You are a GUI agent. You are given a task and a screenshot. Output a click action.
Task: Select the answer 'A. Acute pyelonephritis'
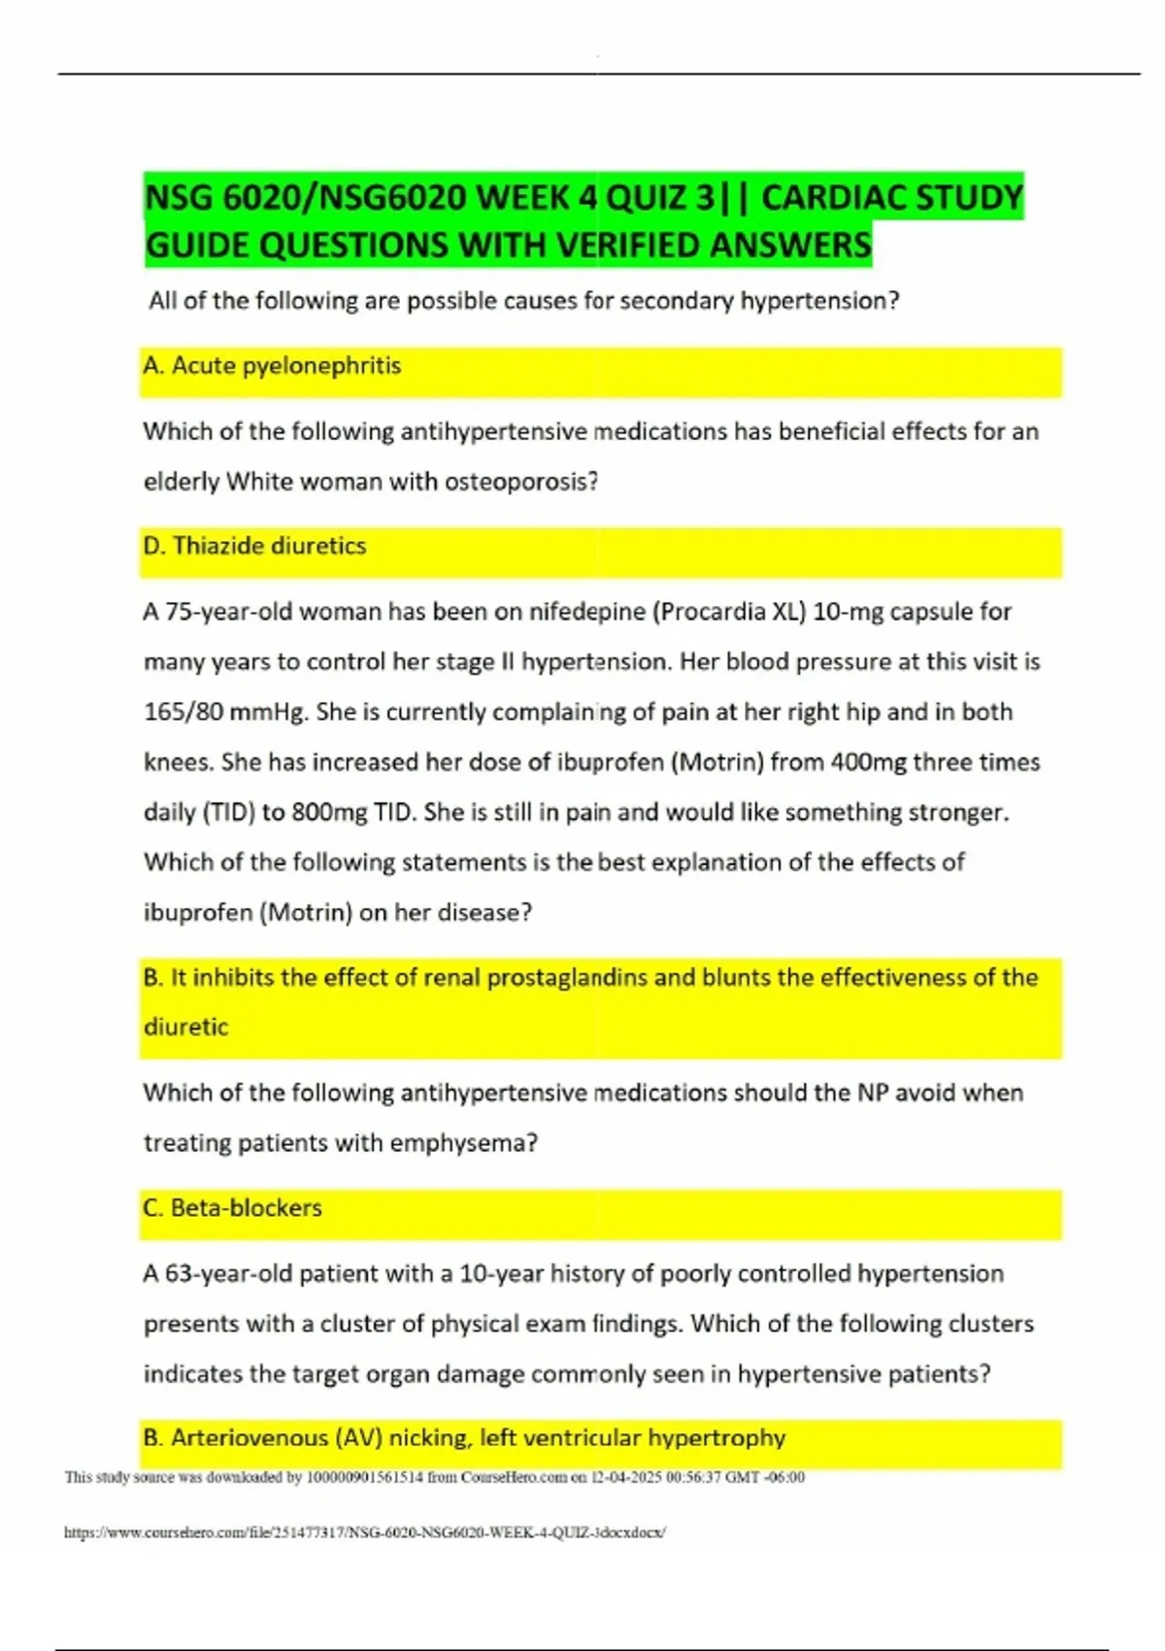click(272, 366)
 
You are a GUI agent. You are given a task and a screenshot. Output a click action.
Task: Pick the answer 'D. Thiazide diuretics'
click(254, 546)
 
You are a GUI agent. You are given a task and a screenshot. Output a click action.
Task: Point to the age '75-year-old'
click(230, 612)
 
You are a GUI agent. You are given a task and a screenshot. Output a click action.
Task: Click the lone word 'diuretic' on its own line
click(185, 1028)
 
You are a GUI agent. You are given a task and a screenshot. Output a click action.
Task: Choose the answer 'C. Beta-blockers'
click(232, 1208)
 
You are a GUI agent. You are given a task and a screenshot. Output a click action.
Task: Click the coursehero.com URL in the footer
click(364, 1533)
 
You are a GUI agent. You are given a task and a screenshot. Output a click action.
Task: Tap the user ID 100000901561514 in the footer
click(364, 1477)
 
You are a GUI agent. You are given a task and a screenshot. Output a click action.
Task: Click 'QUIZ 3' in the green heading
click(660, 197)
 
